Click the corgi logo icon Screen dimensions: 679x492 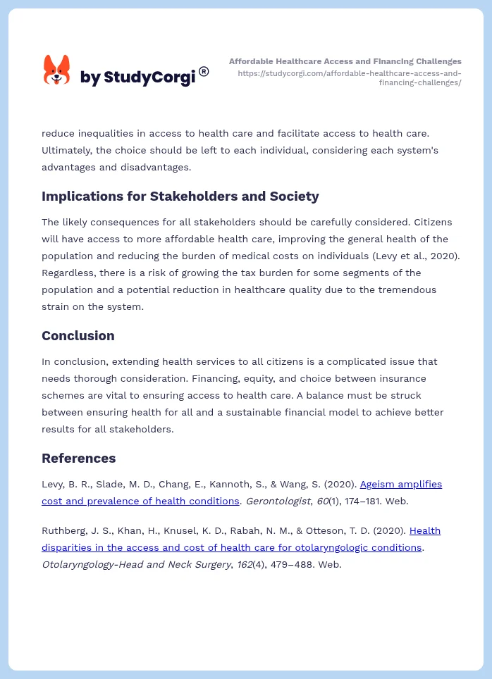point(57,70)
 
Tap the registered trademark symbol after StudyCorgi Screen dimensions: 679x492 point(204,71)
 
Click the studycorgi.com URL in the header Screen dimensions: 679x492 point(350,77)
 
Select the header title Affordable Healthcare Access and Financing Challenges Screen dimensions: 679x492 point(345,61)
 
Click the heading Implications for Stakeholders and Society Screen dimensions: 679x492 point(180,196)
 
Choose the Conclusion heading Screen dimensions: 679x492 point(78,335)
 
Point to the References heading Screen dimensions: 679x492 point(78,458)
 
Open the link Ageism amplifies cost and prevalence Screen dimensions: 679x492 point(400,484)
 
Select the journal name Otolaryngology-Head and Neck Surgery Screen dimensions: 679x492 point(135,564)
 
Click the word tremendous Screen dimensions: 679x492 point(406,289)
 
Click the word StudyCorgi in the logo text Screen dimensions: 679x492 point(149,77)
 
